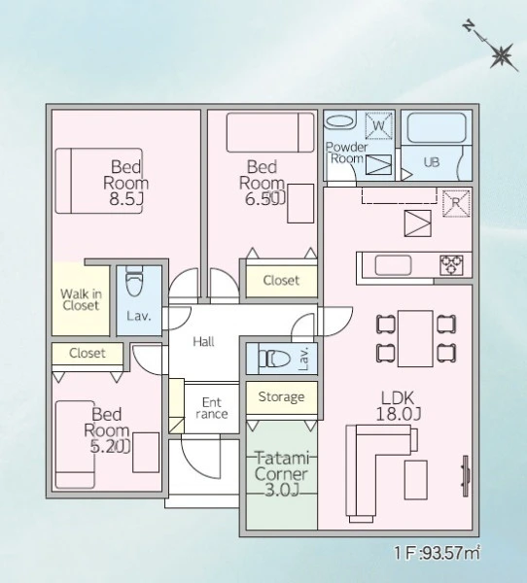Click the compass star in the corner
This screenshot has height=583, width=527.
pyautogui.click(x=502, y=56)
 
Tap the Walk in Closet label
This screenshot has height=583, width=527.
pyautogui.click(x=81, y=299)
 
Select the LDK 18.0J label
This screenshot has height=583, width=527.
pyautogui.click(x=398, y=406)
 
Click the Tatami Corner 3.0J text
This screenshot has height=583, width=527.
pyautogui.click(x=282, y=474)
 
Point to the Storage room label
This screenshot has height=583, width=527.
pyautogui.click(x=281, y=397)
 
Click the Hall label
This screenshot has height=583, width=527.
pyautogui.click(x=203, y=341)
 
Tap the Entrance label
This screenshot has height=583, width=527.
pyautogui.click(x=211, y=408)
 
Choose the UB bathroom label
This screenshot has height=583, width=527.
pyautogui.click(x=432, y=162)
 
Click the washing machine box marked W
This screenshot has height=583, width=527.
pyautogui.click(x=379, y=125)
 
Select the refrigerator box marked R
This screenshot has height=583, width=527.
pyautogui.click(x=456, y=203)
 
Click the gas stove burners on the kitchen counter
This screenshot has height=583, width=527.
pyautogui.click(x=451, y=264)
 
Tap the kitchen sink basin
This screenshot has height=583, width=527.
pyautogui.click(x=393, y=265)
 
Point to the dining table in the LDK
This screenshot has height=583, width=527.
pyautogui.click(x=415, y=338)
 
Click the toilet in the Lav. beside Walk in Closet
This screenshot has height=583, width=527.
pyautogui.click(x=133, y=282)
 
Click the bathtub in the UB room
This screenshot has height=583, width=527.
pyautogui.click(x=437, y=127)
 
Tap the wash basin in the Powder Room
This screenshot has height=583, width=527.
pyautogui.click(x=339, y=121)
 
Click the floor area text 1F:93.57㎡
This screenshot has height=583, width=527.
pyautogui.click(x=438, y=553)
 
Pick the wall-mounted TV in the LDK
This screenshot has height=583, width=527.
pyautogui.click(x=466, y=476)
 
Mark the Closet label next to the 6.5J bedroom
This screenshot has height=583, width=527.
pyautogui.click(x=281, y=280)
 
